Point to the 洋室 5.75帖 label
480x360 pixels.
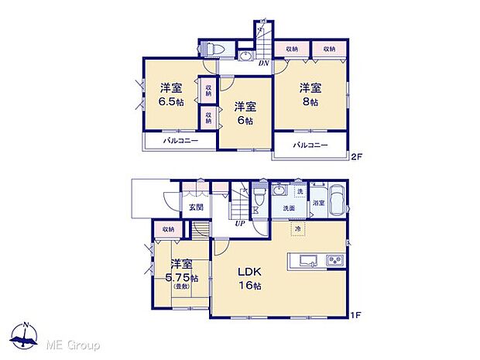pos(183,272)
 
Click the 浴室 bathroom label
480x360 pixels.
pos(319,204)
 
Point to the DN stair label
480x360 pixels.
pos(263,63)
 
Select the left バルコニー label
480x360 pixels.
pos(180,141)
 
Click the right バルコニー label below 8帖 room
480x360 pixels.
pos(310,145)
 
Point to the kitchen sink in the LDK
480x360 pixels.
pos(303,259)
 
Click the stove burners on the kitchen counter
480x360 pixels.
pos(334,259)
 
